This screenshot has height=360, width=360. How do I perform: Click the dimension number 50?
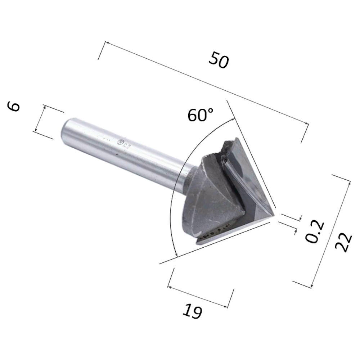tap(219, 60)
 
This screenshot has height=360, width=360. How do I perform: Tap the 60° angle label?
tap(201, 116)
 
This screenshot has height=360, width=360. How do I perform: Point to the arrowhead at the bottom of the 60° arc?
tap(176, 256)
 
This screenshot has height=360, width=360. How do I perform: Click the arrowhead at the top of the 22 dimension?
tap(348, 182)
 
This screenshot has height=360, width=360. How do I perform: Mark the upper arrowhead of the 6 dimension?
tap(45, 107)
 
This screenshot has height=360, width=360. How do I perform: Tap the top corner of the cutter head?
tap(236, 138)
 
